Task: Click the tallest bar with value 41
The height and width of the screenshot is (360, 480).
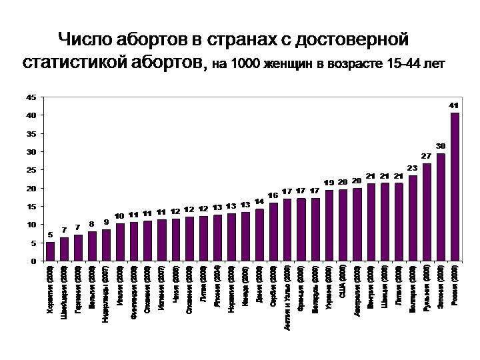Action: pyautogui.click(x=455, y=187)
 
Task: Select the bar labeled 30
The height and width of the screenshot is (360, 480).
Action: pyautogui.click(x=441, y=207)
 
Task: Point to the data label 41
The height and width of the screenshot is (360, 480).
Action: pyautogui.click(x=454, y=105)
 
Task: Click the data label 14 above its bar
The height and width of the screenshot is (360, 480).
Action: pyautogui.click(x=259, y=201)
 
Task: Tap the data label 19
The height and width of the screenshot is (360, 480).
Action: pyautogui.click(x=329, y=182)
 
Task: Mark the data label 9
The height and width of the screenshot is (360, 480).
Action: pyautogui.click(x=106, y=222)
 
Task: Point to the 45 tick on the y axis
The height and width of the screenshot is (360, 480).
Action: pyautogui.click(x=31, y=97)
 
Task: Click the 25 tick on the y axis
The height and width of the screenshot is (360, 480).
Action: pyautogui.click(x=31, y=170)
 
